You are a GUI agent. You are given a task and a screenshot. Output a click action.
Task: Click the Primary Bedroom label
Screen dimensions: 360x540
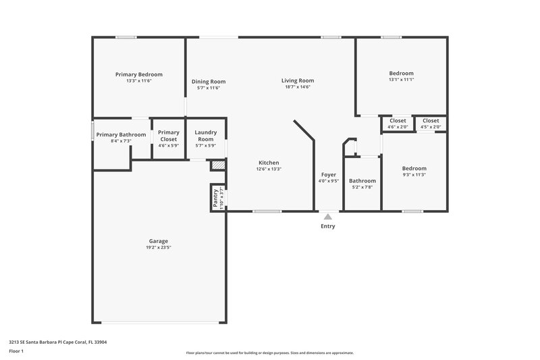tap(138, 74)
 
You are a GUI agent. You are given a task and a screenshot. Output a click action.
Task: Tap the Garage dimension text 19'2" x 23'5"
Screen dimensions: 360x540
tap(159, 248)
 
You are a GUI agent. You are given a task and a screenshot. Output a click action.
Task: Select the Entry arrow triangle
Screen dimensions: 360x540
tap(328, 217)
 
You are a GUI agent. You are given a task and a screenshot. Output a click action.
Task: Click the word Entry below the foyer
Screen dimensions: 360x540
tap(328, 226)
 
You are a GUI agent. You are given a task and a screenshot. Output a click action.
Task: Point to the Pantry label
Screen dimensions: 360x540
tap(215, 198)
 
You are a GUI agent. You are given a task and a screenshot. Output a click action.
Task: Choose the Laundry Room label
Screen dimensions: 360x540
tap(206, 136)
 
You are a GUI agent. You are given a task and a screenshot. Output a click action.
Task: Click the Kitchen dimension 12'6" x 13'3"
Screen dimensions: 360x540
tap(269, 169)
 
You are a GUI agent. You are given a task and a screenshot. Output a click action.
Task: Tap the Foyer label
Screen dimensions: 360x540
tap(329, 174)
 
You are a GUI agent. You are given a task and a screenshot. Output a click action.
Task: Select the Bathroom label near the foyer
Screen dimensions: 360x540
tap(362, 180)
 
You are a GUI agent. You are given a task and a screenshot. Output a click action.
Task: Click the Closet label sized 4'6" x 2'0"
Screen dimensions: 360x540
tap(398, 120)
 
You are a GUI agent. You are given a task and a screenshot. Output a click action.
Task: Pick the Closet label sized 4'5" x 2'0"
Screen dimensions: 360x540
tap(431, 120)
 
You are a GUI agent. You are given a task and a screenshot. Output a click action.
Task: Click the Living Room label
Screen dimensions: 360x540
tap(298, 80)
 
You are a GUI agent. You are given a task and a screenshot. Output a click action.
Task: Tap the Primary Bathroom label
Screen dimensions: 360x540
tap(121, 134)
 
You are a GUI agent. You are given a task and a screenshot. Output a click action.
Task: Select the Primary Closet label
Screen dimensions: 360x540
tap(169, 136)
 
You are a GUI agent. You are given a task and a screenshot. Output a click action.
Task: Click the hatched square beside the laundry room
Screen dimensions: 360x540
tap(217, 165)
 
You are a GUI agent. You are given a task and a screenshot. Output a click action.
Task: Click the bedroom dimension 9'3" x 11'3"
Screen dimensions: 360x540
tap(414, 175)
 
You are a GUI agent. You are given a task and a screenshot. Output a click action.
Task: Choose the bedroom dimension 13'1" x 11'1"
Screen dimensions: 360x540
tap(401, 80)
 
